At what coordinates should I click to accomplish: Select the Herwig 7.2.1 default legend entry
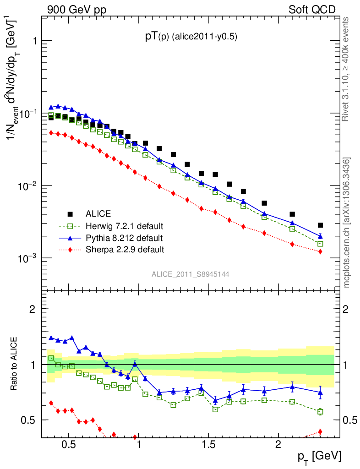click(124, 226)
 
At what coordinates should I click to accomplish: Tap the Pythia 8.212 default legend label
click(124, 238)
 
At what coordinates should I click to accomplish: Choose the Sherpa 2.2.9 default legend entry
click(125, 250)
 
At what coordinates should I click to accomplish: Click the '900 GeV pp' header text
click(76, 10)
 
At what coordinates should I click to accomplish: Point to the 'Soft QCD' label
click(312, 10)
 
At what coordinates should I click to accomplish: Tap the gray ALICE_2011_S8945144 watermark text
click(191, 274)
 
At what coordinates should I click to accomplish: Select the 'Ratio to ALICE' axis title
click(15, 364)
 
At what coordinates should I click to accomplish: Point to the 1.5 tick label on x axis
click(208, 445)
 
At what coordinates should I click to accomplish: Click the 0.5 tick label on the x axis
click(68, 445)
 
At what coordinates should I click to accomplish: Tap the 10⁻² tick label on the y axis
click(27, 185)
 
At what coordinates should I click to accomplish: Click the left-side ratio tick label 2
click(33, 309)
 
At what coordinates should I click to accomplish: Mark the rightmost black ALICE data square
click(320, 225)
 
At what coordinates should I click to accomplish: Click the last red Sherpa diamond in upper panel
click(320, 251)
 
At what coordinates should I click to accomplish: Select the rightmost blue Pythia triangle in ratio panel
click(320, 392)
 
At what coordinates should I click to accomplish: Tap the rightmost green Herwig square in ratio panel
click(320, 412)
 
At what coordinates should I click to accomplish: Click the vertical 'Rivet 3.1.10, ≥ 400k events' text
click(346, 69)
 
